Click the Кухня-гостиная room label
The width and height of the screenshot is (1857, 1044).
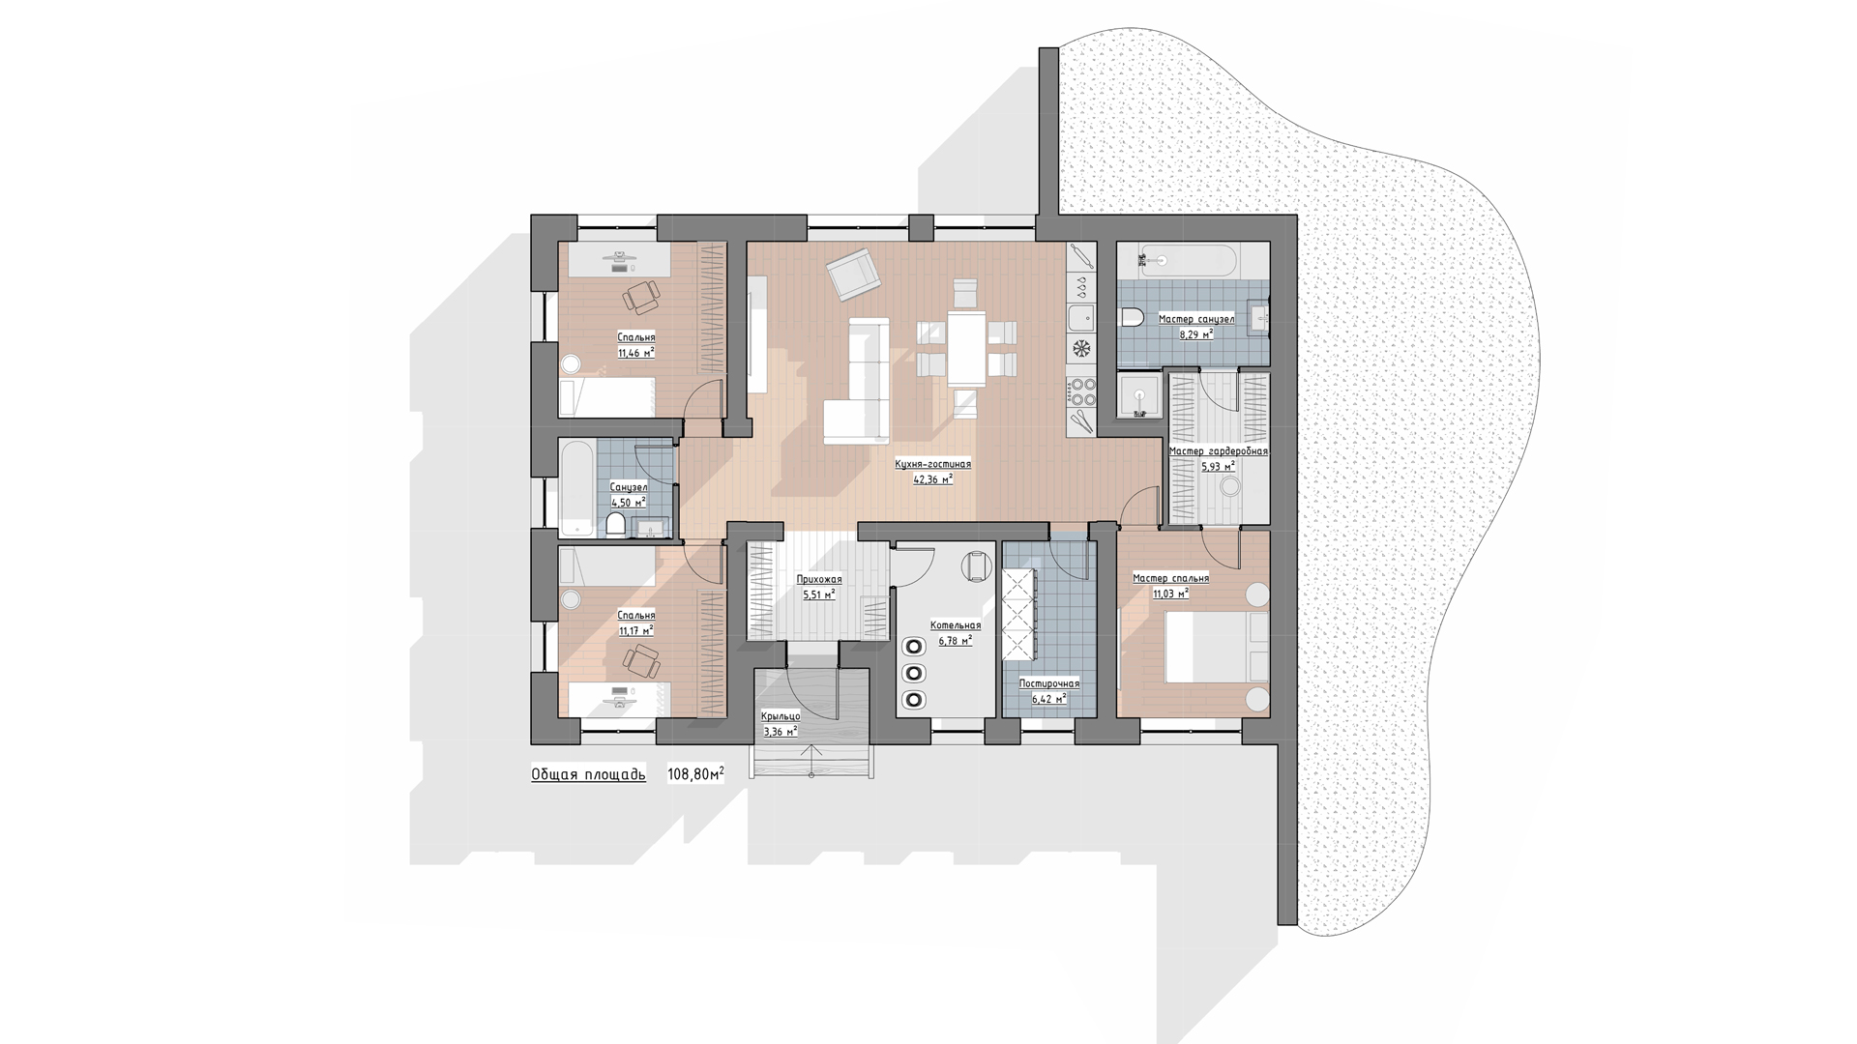[x=932, y=464]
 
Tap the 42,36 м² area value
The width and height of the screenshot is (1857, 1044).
[x=933, y=478]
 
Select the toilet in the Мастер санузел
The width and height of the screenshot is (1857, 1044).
[x=1133, y=317]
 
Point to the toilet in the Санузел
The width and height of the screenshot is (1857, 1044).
[x=615, y=525]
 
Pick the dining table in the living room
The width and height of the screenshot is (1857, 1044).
[x=966, y=347]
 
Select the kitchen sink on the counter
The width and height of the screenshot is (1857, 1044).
[x=1080, y=317]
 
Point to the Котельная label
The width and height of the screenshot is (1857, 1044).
[x=956, y=625]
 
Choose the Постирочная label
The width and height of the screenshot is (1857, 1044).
[x=1049, y=683]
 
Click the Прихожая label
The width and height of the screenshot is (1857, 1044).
[x=819, y=580]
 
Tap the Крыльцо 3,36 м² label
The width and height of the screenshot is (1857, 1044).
[x=781, y=723]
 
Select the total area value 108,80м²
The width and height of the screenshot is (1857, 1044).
[x=695, y=774]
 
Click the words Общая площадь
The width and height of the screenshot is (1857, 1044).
[x=588, y=775]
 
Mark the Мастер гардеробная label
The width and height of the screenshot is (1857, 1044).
[x=1218, y=451]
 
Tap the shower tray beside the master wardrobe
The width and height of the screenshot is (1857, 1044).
[x=1141, y=395]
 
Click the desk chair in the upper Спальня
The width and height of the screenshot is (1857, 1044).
[x=641, y=296]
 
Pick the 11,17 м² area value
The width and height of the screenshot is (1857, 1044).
[x=635, y=630]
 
